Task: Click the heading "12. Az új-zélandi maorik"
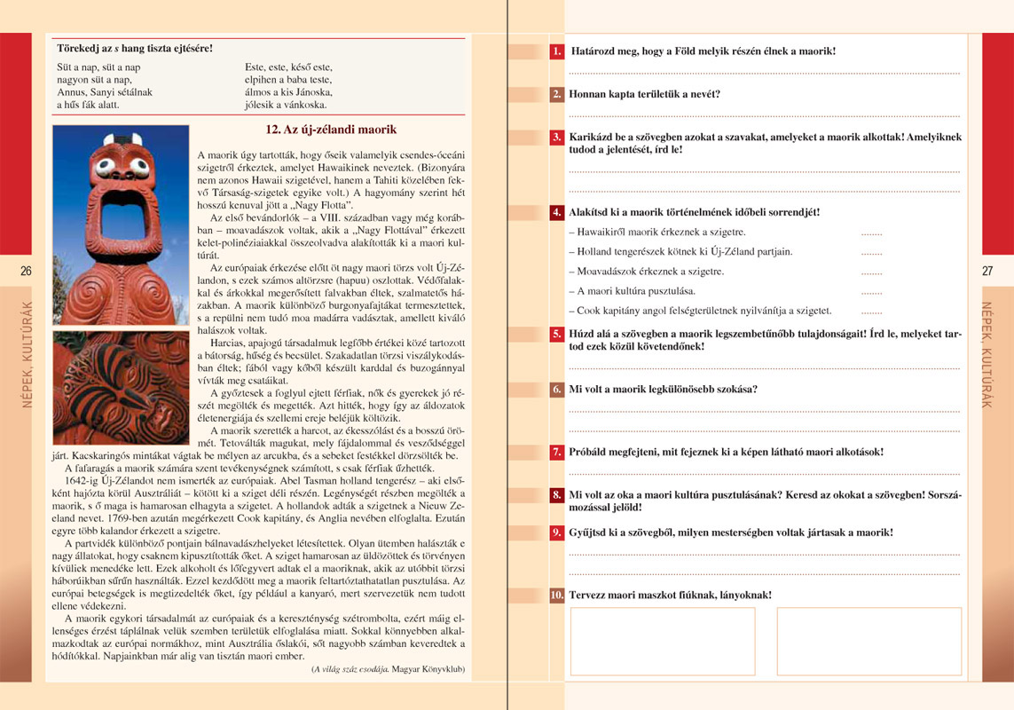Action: click(331, 130)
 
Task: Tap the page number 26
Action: click(26, 271)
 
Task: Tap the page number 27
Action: click(987, 271)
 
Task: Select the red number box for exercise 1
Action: click(557, 51)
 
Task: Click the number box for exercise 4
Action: click(557, 212)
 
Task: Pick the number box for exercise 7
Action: click(557, 452)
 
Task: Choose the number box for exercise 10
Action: click(557, 595)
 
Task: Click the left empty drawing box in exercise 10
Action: click(662, 641)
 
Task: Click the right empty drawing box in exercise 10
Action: click(869, 641)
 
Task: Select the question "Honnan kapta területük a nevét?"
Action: click(644, 93)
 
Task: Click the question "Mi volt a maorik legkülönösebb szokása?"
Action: click(663, 389)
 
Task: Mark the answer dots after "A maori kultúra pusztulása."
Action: click(871, 291)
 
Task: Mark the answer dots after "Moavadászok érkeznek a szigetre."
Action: click(871, 272)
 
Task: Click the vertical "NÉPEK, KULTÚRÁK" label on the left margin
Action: click(27, 355)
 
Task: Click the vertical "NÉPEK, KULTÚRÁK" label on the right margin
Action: click(986, 355)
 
